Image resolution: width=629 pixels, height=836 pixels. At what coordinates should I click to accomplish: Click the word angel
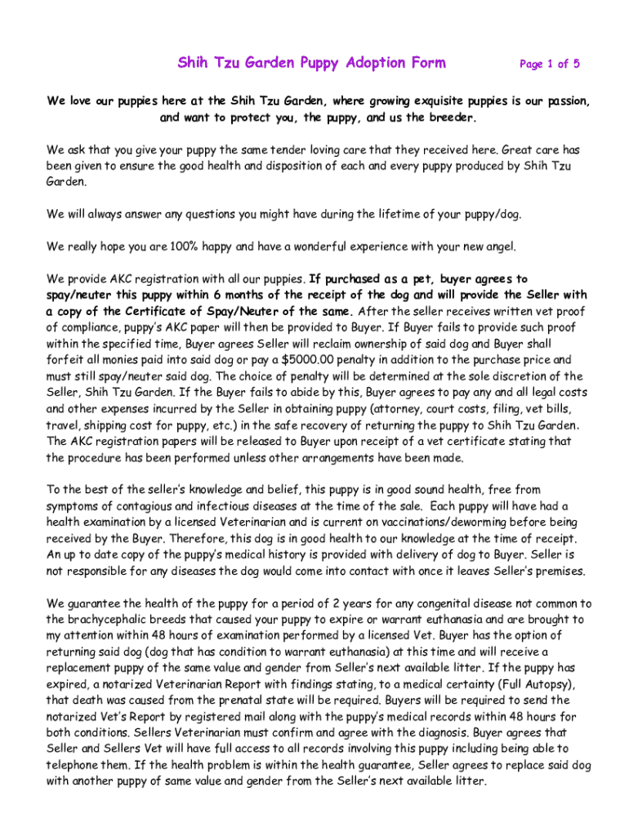[497, 246]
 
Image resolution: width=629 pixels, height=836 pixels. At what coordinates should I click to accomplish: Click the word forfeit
[67, 359]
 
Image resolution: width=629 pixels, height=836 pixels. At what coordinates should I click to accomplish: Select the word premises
[558, 571]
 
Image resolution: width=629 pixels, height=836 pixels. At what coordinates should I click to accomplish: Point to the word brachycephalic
[115, 619]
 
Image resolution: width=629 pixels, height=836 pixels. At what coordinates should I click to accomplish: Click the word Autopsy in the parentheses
[551, 683]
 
